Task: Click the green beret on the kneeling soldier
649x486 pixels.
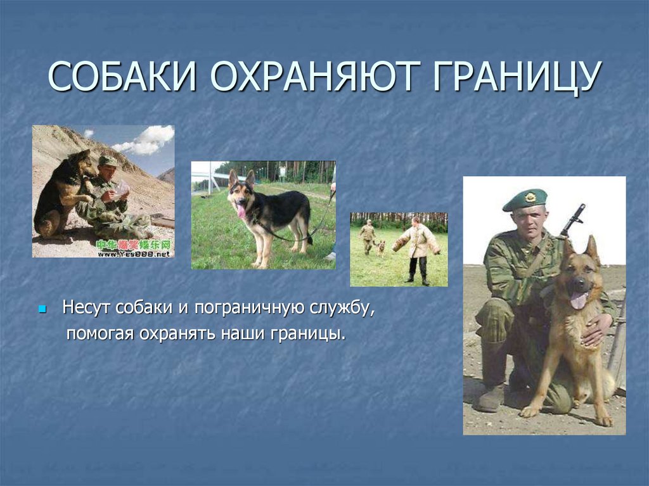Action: point(525,199)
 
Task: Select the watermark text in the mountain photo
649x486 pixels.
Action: point(134,249)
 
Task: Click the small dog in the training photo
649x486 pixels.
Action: point(381,247)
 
